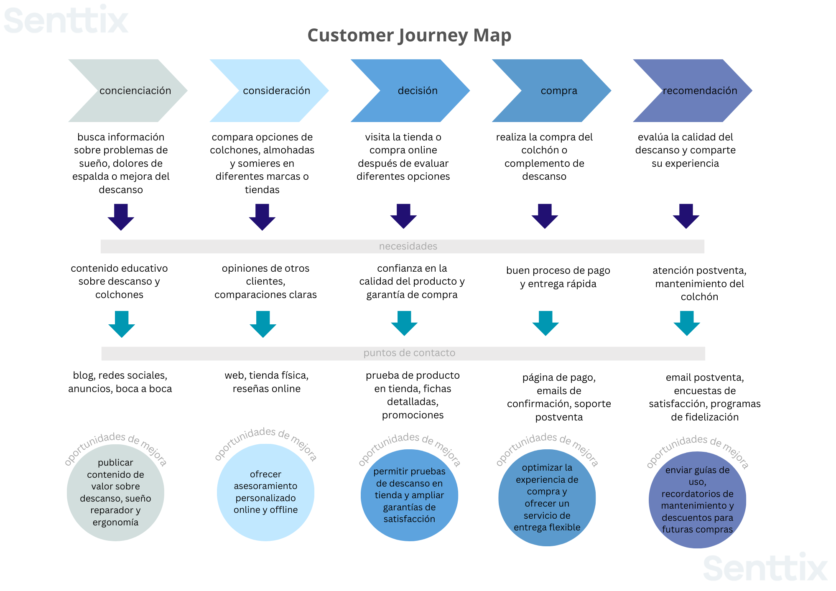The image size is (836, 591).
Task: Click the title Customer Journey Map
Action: [409, 36]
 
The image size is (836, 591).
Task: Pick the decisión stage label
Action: [418, 91]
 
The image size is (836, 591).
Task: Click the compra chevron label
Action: [559, 91]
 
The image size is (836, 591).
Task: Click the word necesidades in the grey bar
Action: [408, 246]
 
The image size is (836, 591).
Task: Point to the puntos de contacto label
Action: [409, 353]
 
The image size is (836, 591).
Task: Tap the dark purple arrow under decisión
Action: [403, 216]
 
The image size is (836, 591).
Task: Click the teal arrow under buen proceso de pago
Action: [545, 323]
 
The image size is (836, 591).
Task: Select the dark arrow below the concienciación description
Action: [121, 217]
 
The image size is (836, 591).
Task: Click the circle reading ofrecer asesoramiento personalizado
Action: [265, 492]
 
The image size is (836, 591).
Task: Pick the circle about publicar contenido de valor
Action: [115, 492]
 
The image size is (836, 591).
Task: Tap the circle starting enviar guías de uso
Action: [697, 500]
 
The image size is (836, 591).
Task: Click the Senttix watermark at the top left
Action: [66, 20]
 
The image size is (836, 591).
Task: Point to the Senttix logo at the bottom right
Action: [765, 568]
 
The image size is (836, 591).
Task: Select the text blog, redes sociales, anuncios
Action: [120, 382]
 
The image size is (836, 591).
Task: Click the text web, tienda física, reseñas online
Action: [266, 382]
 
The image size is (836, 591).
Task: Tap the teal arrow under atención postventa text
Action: [687, 323]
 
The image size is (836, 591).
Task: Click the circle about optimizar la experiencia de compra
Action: [547, 497]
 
